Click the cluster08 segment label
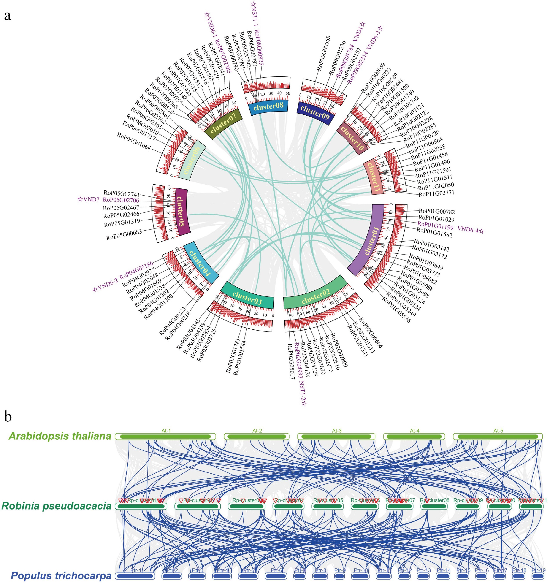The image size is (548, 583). click(268, 107)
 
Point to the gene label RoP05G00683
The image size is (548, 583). click(124, 235)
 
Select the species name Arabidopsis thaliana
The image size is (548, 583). click(60, 436)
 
